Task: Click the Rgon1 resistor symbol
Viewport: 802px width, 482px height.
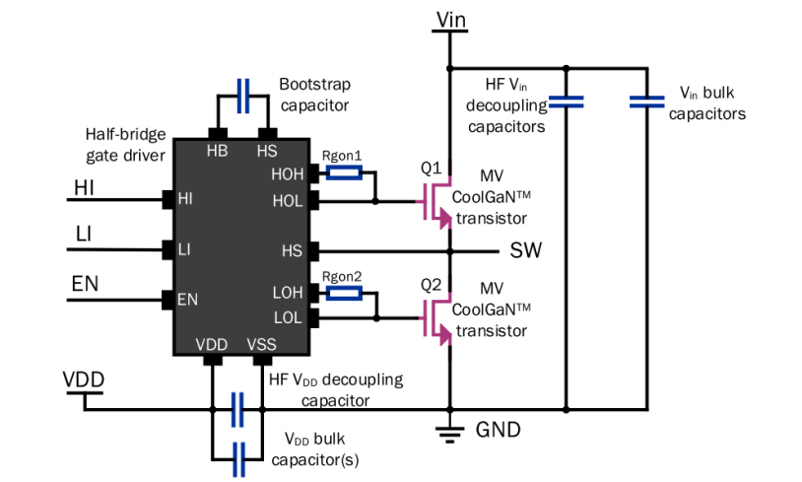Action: [x=344, y=172]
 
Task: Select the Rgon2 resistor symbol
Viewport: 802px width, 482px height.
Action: [x=344, y=293]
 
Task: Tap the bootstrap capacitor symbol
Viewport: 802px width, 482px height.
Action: [x=243, y=96]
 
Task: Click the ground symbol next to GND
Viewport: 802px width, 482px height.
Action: [x=450, y=433]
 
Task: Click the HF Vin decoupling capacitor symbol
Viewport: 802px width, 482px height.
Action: [x=566, y=102]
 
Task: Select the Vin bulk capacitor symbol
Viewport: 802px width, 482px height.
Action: [x=647, y=102]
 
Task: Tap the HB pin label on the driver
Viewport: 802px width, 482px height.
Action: [x=218, y=151]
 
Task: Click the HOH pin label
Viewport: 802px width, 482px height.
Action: [x=288, y=174]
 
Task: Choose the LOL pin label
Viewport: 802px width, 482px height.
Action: [x=288, y=317]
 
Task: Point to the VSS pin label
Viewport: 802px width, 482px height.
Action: [x=261, y=344]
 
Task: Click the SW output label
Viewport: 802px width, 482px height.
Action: [x=526, y=250]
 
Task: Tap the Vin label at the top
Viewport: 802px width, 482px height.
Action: [x=451, y=20]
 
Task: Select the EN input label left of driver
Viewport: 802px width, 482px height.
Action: [x=85, y=284]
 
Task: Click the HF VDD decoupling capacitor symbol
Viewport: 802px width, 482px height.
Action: [x=237, y=409]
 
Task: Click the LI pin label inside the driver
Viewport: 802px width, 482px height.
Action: [x=184, y=249]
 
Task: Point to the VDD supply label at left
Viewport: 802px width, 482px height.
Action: [x=84, y=379]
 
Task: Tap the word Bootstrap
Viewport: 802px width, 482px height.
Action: [x=314, y=85]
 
